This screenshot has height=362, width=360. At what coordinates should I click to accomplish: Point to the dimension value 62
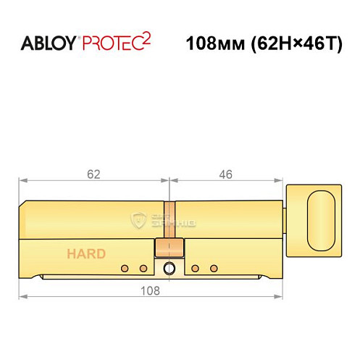click(92, 174)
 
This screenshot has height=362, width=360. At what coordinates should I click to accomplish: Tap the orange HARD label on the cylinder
click(86, 253)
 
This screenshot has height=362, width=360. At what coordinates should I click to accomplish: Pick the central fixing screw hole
click(169, 269)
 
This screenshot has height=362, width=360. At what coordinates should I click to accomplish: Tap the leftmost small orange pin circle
click(124, 269)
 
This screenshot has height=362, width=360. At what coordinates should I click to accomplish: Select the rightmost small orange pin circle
click(213, 269)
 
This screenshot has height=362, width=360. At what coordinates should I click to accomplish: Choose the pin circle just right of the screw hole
click(195, 269)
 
